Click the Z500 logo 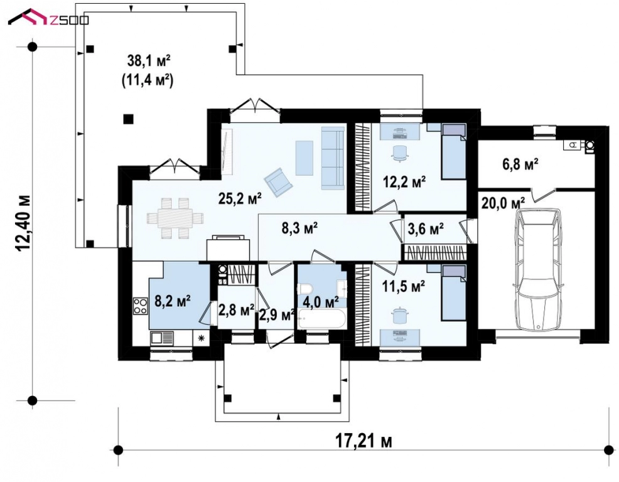[x=48, y=18]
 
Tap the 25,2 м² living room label [x=240, y=198]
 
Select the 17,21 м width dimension [x=364, y=441]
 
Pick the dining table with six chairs [x=175, y=218]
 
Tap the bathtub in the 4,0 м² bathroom [x=322, y=318]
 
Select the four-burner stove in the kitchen [x=140, y=306]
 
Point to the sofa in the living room [x=332, y=158]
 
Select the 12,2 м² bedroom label [x=404, y=182]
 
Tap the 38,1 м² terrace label [x=149, y=61]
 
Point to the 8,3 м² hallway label [x=300, y=228]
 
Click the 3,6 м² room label [x=425, y=228]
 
